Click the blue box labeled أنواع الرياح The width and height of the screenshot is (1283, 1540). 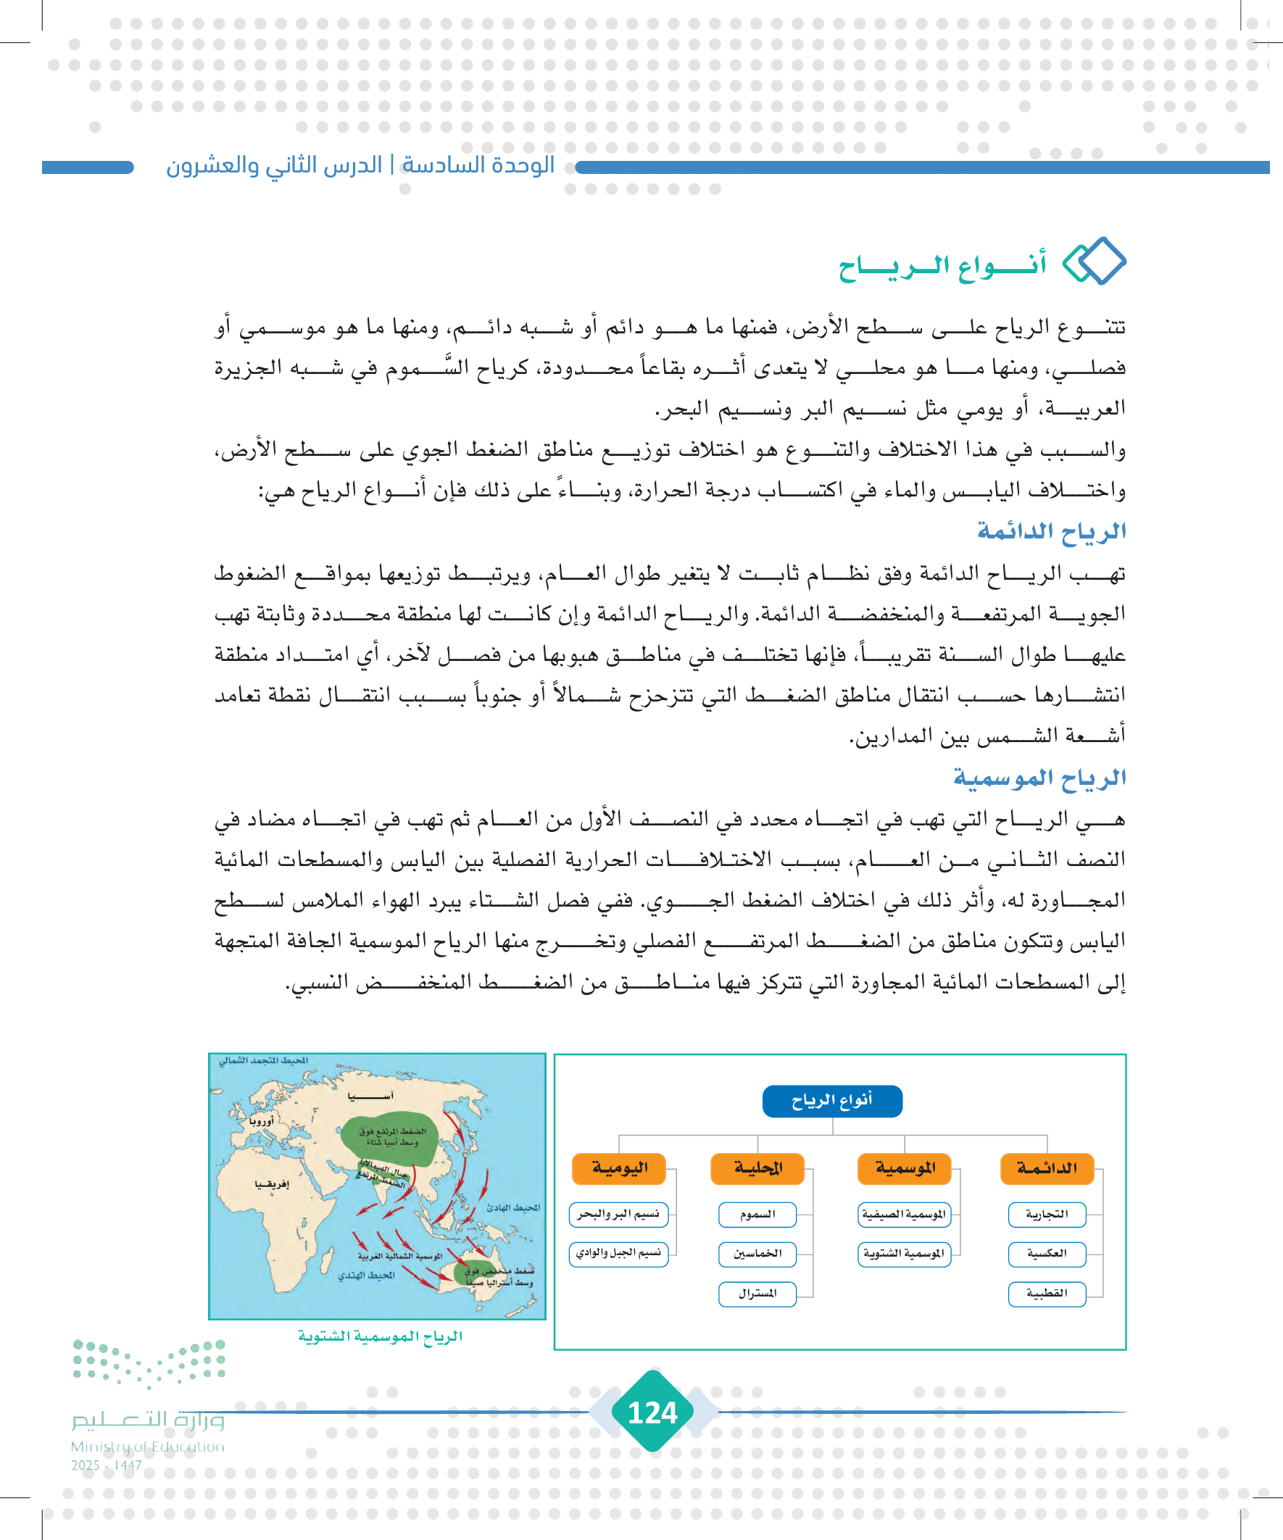tap(832, 1101)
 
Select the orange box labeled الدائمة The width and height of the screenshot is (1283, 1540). tap(1047, 1168)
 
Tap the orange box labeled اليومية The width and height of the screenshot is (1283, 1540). tap(619, 1168)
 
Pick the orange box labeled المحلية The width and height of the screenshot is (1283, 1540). tap(757, 1168)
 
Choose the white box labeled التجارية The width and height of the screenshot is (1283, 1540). tap(1047, 1215)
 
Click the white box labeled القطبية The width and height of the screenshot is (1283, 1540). tap(1047, 1294)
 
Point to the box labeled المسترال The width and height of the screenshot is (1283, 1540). tap(757, 1294)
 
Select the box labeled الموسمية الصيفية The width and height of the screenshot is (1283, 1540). tap(904, 1215)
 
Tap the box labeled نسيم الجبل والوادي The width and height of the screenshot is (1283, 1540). tap(618, 1253)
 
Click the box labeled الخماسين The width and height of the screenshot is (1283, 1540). tap(757, 1254)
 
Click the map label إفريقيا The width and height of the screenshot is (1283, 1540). tap(271, 1184)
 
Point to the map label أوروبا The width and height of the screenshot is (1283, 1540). tap(261, 1121)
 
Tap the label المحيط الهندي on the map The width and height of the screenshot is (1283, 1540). tap(366, 1275)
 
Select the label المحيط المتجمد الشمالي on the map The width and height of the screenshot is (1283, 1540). tap(264, 1060)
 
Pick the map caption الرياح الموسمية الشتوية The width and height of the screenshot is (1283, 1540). tap(380, 1336)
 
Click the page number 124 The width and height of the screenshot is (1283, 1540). tap(653, 1412)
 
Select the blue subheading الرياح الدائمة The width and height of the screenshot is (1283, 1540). tap(1051, 531)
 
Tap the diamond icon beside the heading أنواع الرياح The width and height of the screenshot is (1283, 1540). tap(1094, 261)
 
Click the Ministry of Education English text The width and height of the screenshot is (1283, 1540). tap(147, 1447)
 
